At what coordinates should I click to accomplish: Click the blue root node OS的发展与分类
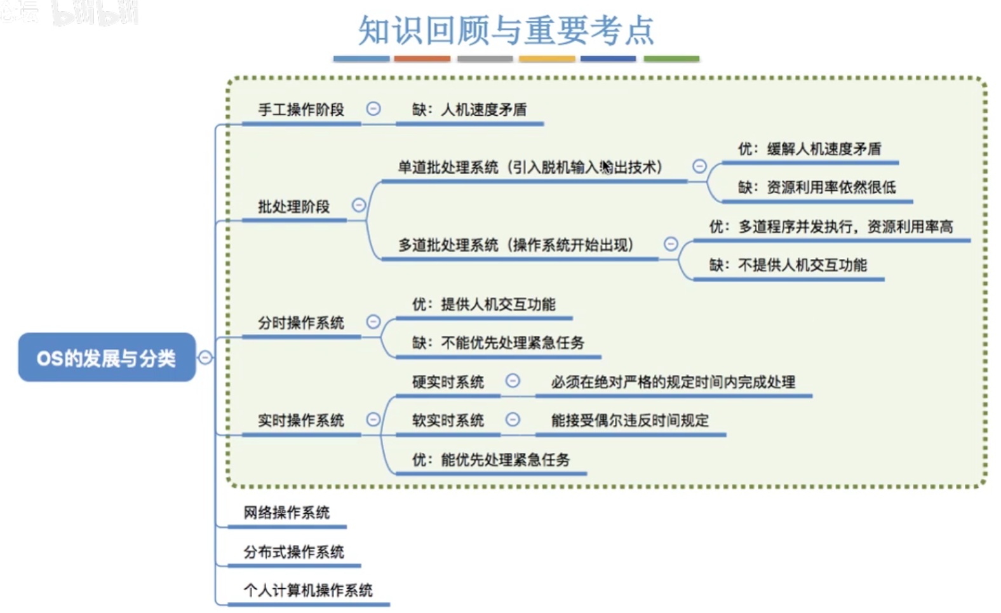(x=106, y=358)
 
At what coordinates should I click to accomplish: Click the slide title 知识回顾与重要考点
(x=506, y=30)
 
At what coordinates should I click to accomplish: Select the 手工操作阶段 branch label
(x=300, y=109)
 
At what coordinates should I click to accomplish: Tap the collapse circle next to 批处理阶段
(x=359, y=205)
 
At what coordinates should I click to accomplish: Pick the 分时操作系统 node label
(x=300, y=322)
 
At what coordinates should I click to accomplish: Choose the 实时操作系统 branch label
(x=300, y=420)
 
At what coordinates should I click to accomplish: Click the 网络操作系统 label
(x=286, y=513)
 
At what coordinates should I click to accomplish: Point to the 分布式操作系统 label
(x=293, y=551)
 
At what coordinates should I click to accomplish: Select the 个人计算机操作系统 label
(x=308, y=590)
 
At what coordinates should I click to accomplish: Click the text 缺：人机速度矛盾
(x=469, y=109)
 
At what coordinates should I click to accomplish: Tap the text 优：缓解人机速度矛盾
(x=809, y=149)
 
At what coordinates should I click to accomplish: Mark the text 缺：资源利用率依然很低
(x=817, y=187)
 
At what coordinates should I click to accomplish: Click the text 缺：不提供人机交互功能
(x=788, y=265)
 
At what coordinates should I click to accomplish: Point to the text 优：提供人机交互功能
(x=483, y=304)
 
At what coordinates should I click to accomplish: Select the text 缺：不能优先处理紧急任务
(x=498, y=343)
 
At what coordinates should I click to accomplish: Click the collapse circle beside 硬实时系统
(x=513, y=381)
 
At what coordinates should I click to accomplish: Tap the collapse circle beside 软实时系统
(x=513, y=420)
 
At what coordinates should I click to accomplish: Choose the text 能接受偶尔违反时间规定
(x=629, y=420)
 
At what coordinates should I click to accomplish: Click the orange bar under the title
(x=422, y=59)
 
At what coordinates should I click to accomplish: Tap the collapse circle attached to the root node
(x=205, y=357)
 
